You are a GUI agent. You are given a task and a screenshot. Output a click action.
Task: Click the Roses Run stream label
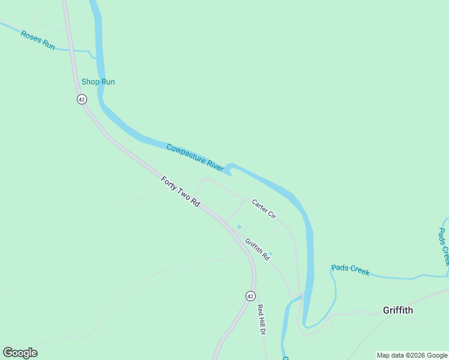coord(38,40)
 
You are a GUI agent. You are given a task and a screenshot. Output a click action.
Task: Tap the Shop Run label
coord(98,82)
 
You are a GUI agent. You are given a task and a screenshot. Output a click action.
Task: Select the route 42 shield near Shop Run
coord(82,99)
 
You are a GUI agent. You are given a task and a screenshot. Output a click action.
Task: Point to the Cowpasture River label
coord(194,156)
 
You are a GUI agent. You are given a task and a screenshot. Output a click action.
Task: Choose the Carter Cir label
coord(264,208)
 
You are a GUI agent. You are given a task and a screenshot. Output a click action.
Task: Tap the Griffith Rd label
coord(257,249)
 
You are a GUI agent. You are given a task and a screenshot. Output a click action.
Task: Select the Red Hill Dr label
coord(261,319)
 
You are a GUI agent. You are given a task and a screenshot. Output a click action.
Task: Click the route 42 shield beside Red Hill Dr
coord(250,296)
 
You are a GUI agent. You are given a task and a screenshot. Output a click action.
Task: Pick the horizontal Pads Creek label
coord(350,270)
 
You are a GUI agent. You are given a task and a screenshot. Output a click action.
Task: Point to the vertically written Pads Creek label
coord(444,247)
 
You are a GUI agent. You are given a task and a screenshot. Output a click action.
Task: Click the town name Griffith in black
coord(398,310)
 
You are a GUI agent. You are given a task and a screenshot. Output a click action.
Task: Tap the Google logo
coord(20,353)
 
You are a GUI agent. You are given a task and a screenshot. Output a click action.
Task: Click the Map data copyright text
coord(412,355)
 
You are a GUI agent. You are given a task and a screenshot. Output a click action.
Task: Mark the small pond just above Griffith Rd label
coord(239,227)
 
